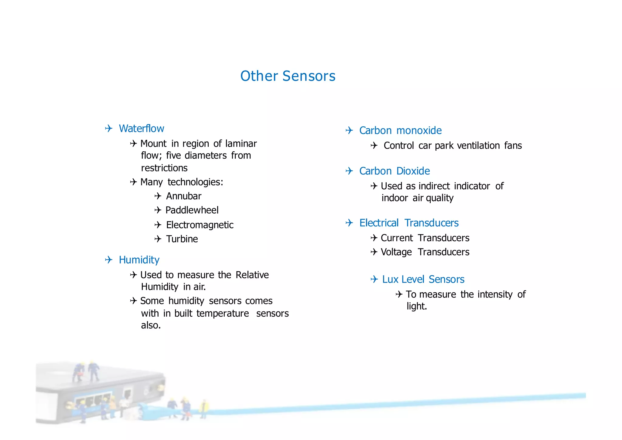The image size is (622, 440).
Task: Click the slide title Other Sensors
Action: point(288,76)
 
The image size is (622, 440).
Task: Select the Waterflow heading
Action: point(141,129)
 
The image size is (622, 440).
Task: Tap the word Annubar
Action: point(183,196)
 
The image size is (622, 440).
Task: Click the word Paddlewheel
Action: point(192,210)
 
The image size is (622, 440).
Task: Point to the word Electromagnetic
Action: point(200,225)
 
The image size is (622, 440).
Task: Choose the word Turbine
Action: point(182,239)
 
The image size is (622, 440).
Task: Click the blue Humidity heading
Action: point(139,260)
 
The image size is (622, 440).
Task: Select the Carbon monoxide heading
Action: point(400,131)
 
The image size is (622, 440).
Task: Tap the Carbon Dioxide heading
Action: point(394,171)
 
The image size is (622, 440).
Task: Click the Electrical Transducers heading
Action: point(408,223)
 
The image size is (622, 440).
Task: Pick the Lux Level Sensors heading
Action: point(423,280)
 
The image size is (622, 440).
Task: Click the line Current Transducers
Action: point(425,238)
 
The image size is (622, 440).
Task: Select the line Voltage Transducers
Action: point(425,252)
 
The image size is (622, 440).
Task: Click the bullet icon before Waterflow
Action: point(109,129)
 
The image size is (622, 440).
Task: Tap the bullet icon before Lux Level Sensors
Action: point(374,279)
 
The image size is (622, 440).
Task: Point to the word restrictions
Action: point(164,168)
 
